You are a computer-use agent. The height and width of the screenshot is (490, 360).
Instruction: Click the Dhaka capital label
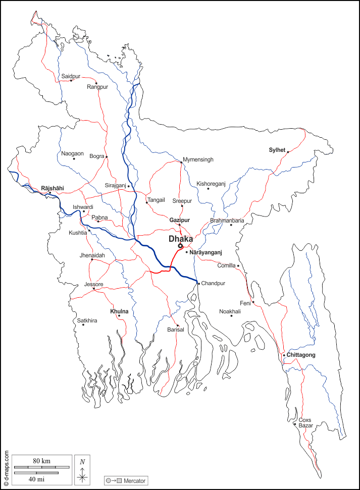181,238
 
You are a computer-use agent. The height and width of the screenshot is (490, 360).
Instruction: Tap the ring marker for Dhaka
180,246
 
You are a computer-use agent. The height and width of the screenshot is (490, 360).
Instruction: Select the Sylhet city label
277,150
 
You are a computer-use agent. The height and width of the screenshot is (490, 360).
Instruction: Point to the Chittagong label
301,355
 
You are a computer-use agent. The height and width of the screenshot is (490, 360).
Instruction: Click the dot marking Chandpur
198,284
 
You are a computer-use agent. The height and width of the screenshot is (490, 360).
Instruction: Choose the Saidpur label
71,76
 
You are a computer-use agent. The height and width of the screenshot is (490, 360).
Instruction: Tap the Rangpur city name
97,87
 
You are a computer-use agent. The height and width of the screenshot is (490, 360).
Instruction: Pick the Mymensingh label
198,159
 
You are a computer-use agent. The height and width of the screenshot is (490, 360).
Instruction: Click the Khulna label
119,312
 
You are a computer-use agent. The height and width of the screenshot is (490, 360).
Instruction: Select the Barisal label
176,330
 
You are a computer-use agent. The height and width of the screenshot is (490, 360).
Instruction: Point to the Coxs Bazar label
305,423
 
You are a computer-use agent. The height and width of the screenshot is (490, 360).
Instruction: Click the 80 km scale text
42,461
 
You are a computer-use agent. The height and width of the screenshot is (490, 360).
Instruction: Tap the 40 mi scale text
35,478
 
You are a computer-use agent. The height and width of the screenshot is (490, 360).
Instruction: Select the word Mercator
134,481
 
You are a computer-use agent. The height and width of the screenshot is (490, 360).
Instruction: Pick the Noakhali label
230,311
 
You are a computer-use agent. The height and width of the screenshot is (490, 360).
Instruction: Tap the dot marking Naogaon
74,159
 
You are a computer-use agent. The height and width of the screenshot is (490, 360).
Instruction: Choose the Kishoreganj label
211,184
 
